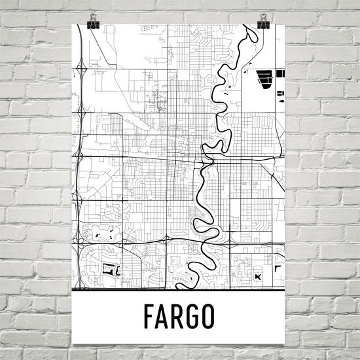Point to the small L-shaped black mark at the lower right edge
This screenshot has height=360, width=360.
click(277, 267)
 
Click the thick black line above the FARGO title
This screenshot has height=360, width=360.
click(181, 289)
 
